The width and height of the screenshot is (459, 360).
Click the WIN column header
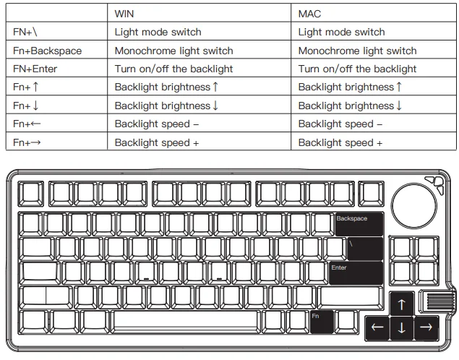pos(124,14)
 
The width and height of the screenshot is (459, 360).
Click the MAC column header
pos(309,14)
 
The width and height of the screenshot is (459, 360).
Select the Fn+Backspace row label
pos(47,51)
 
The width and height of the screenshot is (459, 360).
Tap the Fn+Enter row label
pos(35,69)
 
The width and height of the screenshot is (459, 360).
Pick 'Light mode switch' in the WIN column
pos(158,32)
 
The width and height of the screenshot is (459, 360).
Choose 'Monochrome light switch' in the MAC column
pos(357,51)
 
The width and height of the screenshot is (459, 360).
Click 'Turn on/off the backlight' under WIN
pos(173,69)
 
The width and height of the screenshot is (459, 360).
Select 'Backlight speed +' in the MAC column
pos(340,142)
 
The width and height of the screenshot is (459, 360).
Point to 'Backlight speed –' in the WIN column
pos(157,124)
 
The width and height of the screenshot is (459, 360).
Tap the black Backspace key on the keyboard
pos(358,224)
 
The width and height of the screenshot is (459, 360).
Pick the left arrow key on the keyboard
pos(377,327)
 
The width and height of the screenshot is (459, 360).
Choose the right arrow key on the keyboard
pos(426,327)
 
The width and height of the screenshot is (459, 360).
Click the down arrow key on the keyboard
pos(401,328)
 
